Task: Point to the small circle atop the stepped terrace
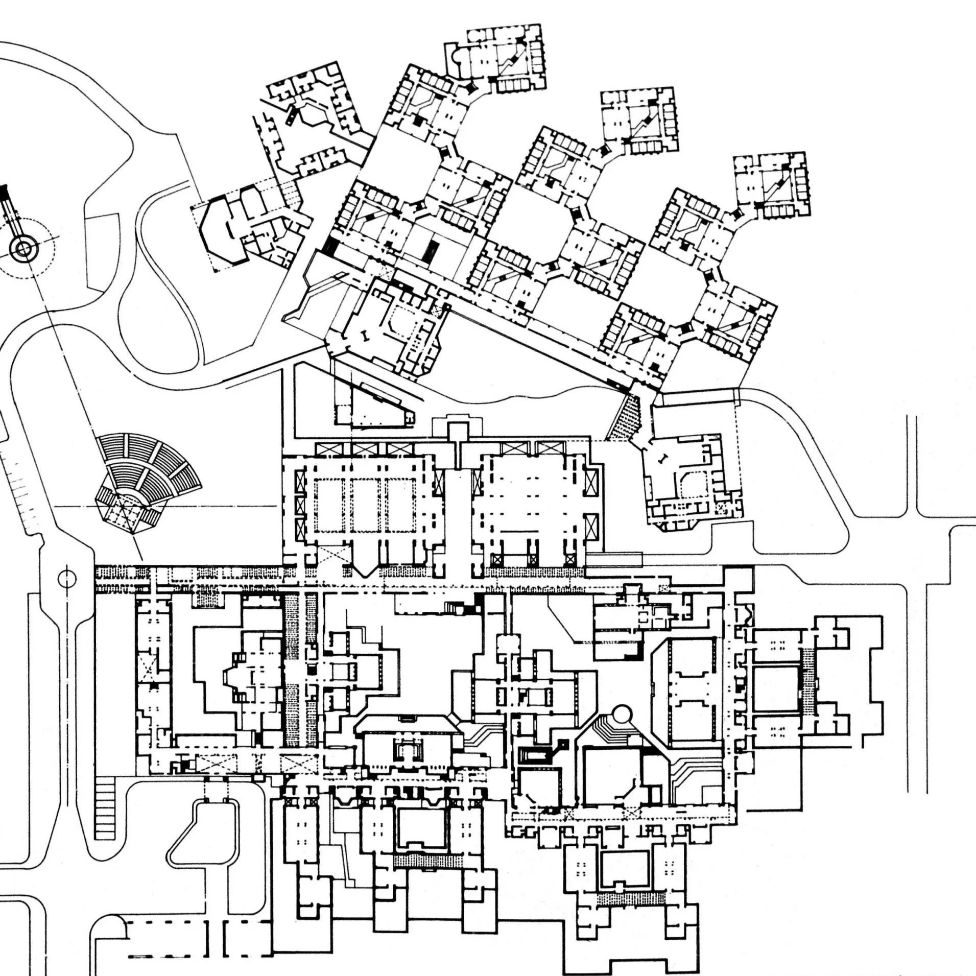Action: click(621, 713)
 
